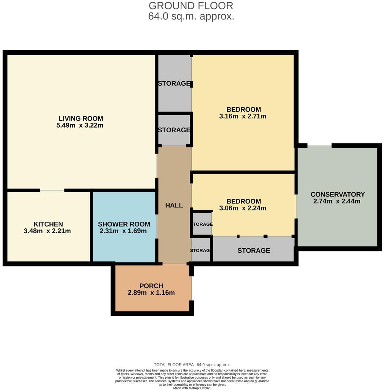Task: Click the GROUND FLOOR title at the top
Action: (x=191, y=6)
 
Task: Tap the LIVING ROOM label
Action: (x=81, y=118)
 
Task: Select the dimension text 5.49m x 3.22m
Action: (x=80, y=125)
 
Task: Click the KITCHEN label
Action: (x=48, y=224)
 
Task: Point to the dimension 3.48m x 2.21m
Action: (x=47, y=231)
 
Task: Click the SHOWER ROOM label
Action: (x=124, y=224)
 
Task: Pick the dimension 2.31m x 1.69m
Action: (x=123, y=231)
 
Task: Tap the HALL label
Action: (x=174, y=205)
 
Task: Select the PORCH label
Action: (x=151, y=286)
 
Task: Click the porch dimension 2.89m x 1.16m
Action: (x=151, y=292)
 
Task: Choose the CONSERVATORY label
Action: (x=337, y=194)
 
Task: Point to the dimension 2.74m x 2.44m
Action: (x=337, y=201)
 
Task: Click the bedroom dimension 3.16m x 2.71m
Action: (x=243, y=116)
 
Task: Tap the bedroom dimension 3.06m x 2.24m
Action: (x=243, y=208)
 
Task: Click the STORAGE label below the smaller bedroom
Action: (x=254, y=250)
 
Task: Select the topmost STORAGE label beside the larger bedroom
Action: (x=174, y=83)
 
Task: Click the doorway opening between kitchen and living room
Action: (x=52, y=190)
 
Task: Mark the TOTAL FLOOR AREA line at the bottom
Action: (x=192, y=365)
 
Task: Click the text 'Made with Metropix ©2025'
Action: (x=192, y=388)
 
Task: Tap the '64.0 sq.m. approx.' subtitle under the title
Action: (x=191, y=16)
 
